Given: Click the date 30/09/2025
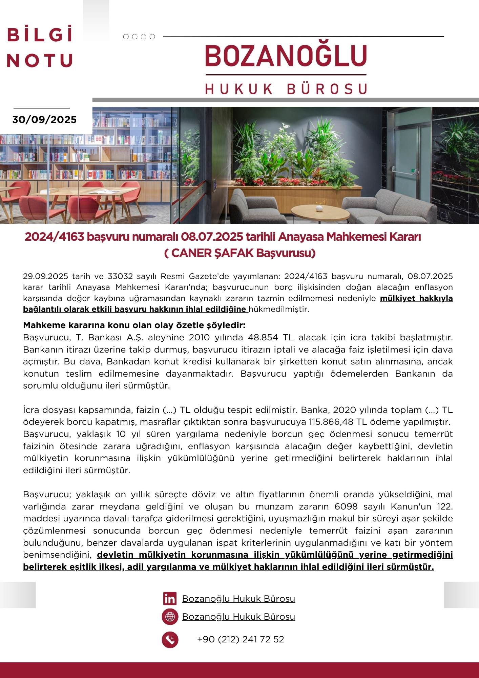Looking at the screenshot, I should tap(44, 120).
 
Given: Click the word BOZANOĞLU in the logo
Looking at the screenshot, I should tap(286, 56).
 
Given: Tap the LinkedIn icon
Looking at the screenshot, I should tap(170, 599).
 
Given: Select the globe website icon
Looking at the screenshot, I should tap(170, 617).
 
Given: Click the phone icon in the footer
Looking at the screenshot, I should tap(170, 640).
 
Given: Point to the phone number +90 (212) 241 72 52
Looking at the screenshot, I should tap(241, 639).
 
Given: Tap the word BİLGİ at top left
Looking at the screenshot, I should tap(40, 35).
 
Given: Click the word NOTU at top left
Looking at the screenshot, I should tap(40, 61).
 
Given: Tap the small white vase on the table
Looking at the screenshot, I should tap(319, 208).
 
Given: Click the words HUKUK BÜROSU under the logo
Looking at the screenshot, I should tap(286, 89).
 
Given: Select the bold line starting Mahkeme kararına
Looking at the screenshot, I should tap(134, 325).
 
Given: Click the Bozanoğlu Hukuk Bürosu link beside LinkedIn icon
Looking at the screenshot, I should tap(238, 599).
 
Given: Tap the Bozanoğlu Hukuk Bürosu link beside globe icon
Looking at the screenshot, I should tap(238, 617).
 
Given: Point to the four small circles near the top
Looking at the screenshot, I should tap(139, 37).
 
